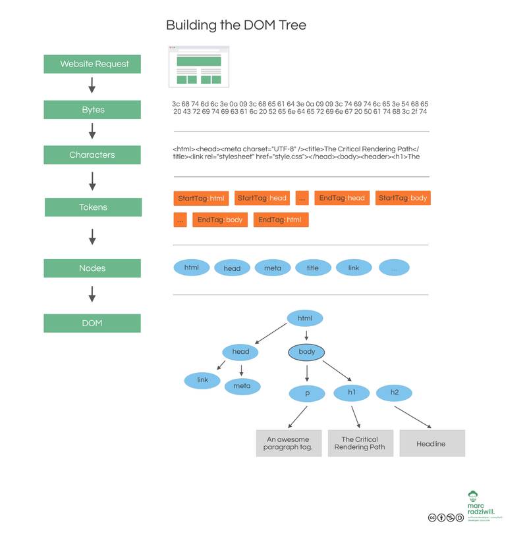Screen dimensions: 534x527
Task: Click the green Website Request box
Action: click(92, 64)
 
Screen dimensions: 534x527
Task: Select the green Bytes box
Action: click(92, 110)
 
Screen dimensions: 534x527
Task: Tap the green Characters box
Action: click(92, 155)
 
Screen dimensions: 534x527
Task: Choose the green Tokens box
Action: click(93, 207)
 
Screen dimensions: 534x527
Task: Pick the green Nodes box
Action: click(92, 268)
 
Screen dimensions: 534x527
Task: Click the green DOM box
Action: click(92, 323)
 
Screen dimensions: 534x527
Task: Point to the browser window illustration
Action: click(199, 66)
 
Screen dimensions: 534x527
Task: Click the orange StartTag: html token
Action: click(201, 198)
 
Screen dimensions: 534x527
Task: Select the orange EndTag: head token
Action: click(342, 198)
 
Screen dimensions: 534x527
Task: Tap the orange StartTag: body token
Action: click(403, 198)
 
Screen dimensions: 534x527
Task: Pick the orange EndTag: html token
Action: click(280, 220)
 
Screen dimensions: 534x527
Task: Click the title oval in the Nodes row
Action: click(313, 268)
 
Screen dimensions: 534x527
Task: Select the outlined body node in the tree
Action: click(307, 352)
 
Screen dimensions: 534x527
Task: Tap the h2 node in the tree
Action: click(395, 393)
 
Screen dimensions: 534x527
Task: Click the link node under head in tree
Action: click(202, 380)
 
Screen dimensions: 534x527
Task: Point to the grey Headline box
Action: click(431, 443)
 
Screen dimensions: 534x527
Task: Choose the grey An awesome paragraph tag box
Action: click(289, 443)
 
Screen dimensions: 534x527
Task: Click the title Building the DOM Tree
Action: click(236, 26)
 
